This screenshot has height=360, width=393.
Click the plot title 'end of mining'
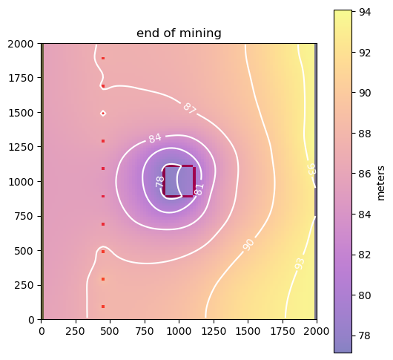(x=179, y=33)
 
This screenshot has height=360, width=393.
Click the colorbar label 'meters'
(x=380, y=183)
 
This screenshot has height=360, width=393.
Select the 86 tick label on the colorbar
(x=364, y=174)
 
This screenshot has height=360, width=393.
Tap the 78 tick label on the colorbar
(x=364, y=336)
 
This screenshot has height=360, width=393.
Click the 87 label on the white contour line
(x=190, y=108)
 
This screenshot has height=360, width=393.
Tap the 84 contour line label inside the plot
(x=155, y=138)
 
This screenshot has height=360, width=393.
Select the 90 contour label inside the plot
(x=248, y=245)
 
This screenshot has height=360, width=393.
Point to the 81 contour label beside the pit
(x=199, y=189)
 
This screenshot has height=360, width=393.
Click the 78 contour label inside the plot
(x=160, y=181)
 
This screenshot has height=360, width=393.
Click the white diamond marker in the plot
(x=103, y=114)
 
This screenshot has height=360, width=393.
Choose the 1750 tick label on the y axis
(x=21, y=78)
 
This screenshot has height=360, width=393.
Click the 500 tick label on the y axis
(x=24, y=251)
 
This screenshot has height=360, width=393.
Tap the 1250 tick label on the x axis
(x=214, y=331)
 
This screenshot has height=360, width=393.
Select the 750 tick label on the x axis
(x=145, y=331)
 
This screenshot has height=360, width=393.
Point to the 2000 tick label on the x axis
(x=317, y=331)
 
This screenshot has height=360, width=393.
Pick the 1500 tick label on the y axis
(x=21, y=113)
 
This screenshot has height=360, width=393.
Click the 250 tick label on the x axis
(x=76, y=331)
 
